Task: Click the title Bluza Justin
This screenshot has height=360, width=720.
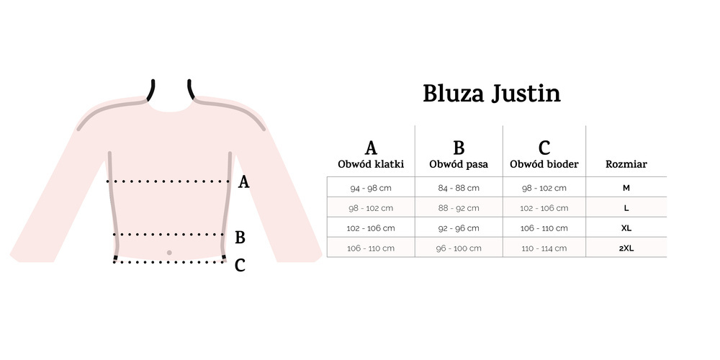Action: (x=491, y=94)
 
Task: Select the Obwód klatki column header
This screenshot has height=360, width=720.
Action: (x=371, y=164)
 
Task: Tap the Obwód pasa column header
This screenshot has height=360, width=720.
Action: (x=459, y=164)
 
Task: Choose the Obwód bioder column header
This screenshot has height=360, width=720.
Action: (x=544, y=164)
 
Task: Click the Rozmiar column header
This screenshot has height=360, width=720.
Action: (x=626, y=164)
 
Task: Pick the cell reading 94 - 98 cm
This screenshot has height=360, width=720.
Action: (x=371, y=188)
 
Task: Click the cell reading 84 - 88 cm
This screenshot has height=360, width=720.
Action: (x=459, y=188)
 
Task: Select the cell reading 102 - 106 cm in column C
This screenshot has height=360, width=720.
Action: (x=544, y=208)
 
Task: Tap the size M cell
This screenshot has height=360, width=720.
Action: (x=626, y=188)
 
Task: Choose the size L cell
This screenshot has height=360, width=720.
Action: (x=626, y=208)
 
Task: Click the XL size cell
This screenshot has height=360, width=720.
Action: (x=626, y=228)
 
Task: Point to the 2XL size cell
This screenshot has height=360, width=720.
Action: (x=626, y=248)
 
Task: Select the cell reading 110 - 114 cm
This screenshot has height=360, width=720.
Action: (x=544, y=248)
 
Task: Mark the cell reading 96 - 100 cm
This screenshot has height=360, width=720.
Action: (x=459, y=248)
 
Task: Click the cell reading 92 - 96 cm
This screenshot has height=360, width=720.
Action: (x=459, y=228)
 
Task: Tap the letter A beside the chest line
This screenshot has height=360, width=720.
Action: (x=243, y=182)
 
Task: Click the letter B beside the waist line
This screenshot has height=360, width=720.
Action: (x=240, y=238)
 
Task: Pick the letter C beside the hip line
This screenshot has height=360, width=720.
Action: (x=240, y=265)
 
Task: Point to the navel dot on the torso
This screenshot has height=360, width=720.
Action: (x=169, y=253)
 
